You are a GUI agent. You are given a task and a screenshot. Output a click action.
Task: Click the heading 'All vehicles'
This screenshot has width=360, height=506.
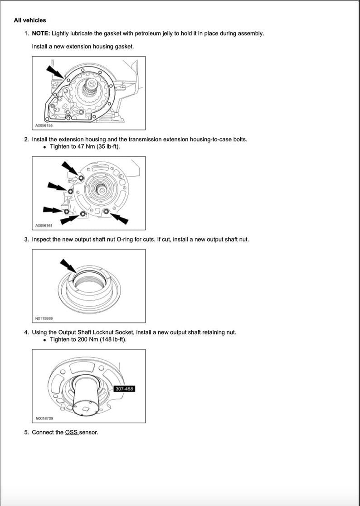point(29,20)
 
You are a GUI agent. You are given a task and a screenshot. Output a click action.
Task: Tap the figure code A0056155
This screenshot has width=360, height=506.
point(44,125)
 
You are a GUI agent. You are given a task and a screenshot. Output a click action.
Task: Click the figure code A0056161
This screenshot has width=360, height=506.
point(44,225)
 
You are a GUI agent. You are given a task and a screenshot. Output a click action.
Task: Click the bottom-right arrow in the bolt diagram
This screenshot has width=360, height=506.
point(120,218)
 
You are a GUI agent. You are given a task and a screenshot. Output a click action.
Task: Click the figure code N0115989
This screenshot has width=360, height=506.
point(44,318)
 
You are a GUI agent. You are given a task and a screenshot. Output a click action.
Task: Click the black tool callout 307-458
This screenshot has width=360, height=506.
point(125,389)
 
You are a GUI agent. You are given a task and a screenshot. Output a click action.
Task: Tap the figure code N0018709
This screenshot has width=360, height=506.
point(44,418)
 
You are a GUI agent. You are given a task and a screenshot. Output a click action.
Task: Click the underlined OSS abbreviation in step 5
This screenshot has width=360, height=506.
point(72,432)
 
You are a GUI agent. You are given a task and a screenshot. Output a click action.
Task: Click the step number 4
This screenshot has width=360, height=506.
point(26,332)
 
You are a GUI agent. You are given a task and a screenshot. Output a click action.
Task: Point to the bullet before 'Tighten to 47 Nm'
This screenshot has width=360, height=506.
point(44,147)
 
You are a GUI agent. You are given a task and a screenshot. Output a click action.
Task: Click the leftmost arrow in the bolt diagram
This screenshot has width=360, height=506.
point(53,210)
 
